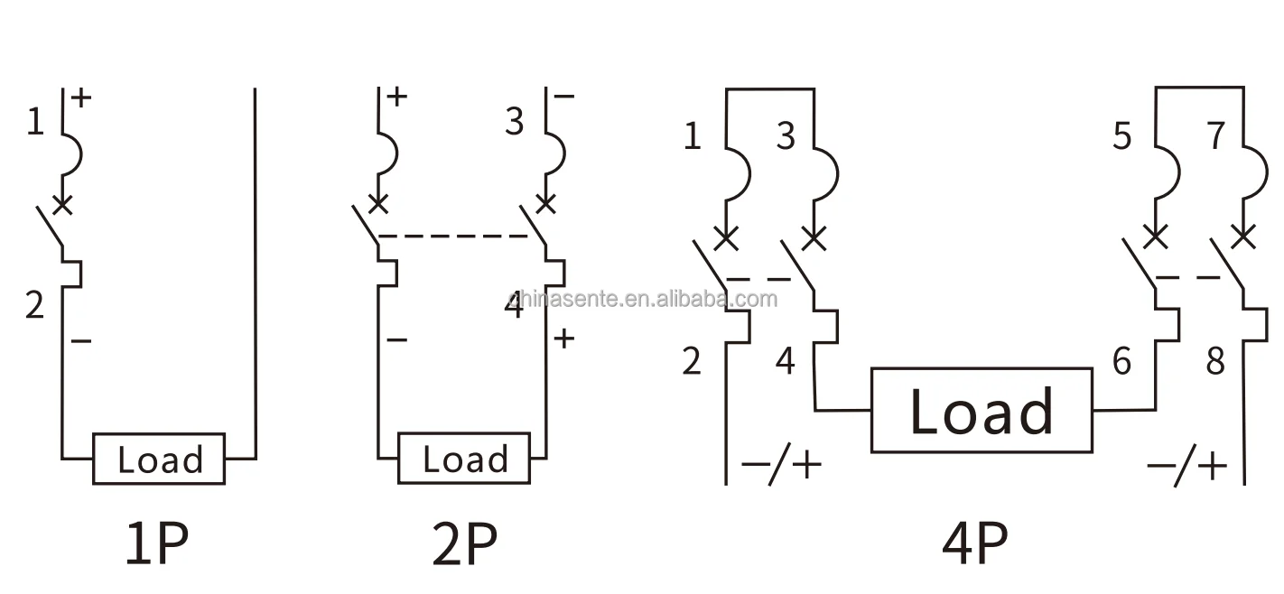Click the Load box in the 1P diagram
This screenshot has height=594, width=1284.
pyautogui.click(x=159, y=459)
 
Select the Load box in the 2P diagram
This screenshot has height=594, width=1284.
pyautogui.click(x=464, y=459)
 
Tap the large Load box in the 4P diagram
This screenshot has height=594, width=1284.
pyautogui.click(x=982, y=410)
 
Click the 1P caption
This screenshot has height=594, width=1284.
pyautogui.click(x=156, y=543)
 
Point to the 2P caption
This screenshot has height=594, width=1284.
pyautogui.click(x=464, y=543)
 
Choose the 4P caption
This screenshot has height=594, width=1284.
pyautogui.click(x=975, y=543)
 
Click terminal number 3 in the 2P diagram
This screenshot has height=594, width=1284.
pyautogui.click(x=514, y=122)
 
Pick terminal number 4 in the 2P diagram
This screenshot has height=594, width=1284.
pyautogui.click(x=514, y=306)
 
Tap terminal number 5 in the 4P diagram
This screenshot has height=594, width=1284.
pyautogui.click(x=1121, y=136)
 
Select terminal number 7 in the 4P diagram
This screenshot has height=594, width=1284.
pyautogui.click(x=1216, y=136)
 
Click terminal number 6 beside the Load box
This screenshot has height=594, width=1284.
pyautogui.click(x=1121, y=361)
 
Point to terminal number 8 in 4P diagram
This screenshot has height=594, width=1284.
pyautogui.click(x=1215, y=361)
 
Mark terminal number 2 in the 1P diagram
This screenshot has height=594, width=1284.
pyautogui.click(x=34, y=306)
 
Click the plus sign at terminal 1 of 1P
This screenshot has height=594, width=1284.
pyautogui.click(x=82, y=97)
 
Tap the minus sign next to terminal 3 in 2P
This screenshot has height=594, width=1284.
pyautogui.click(x=564, y=96)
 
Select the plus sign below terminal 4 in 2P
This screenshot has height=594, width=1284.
pyautogui.click(x=563, y=339)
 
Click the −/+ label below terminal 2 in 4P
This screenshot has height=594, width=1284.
pyautogui.click(x=781, y=466)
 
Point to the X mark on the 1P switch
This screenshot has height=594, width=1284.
pyautogui.click(x=61, y=205)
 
